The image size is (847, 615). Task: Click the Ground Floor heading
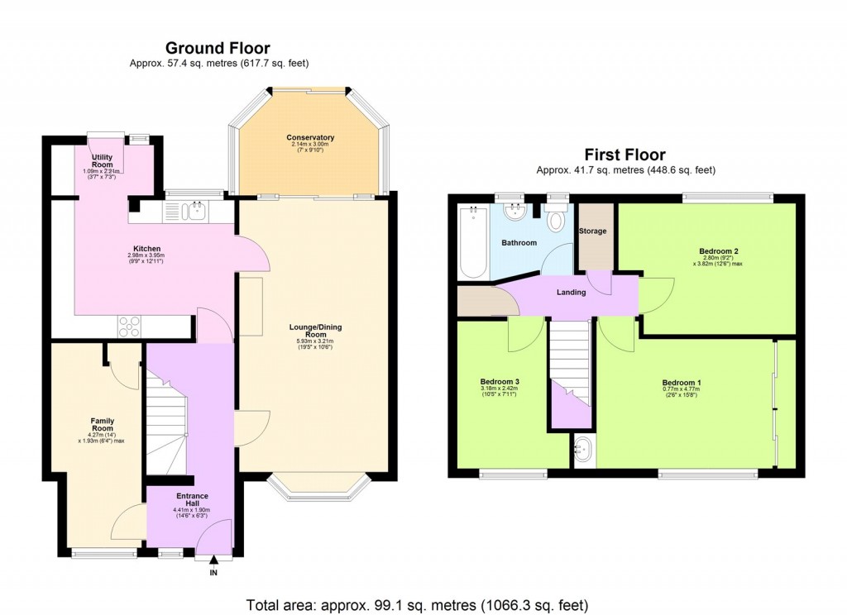click(x=218, y=49)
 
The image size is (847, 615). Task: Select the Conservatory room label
click(x=310, y=137)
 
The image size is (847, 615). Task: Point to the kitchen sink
click(x=197, y=211)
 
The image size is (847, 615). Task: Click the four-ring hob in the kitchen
click(x=130, y=327)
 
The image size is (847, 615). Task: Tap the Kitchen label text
click(x=147, y=249)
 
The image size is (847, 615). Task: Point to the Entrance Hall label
click(x=192, y=498)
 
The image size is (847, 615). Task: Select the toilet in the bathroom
click(x=557, y=219)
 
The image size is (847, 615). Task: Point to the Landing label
click(x=571, y=292)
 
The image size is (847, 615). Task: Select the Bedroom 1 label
click(x=682, y=383)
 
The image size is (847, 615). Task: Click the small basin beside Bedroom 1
click(x=584, y=451)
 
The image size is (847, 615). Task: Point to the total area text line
click(x=418, y=604)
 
